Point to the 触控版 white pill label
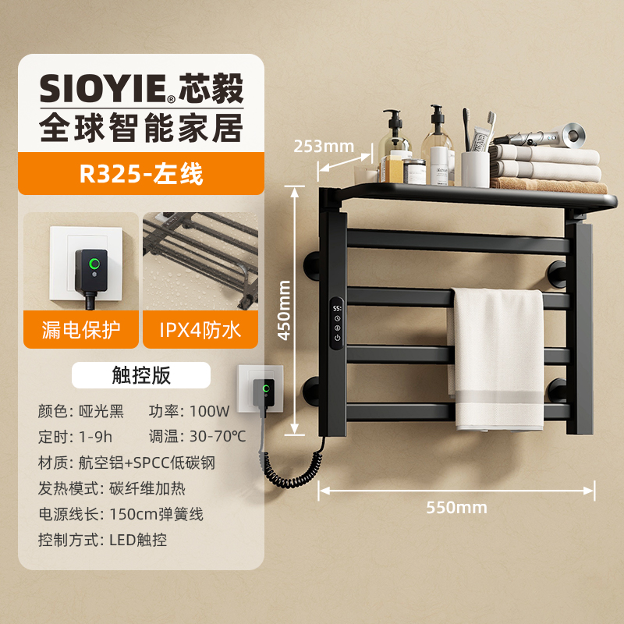click(140, 375)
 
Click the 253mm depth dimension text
click(324, 146)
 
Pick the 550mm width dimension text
click(456, 507)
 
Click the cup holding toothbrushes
click(475, 168)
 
